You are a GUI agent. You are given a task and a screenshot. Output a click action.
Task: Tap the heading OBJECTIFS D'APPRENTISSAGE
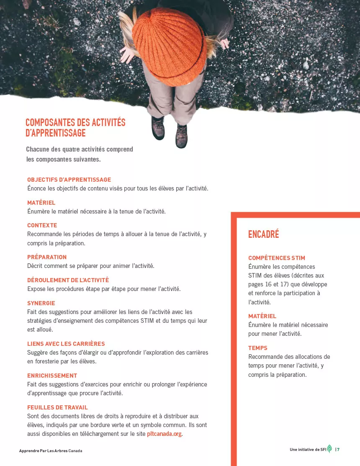(69, 180)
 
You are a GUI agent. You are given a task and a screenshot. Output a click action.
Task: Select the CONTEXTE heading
(42, 225)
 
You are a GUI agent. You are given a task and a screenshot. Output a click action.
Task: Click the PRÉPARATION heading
(47, 257)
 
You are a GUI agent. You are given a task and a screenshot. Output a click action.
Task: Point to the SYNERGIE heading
(41, 303)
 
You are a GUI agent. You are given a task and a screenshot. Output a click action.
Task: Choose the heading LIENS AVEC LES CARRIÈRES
(66, 344)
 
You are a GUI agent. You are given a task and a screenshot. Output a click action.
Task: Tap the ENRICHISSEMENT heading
(52, 376)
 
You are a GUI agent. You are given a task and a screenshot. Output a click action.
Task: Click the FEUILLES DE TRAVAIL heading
(57, 407)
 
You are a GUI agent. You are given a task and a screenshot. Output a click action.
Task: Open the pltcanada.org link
(164, 434)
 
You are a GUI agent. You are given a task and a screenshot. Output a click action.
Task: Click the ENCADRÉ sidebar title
(263, 234)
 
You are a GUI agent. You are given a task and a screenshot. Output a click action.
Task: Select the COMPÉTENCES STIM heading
(277, 258)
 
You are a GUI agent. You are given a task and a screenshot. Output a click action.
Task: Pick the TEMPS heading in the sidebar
(257, 348)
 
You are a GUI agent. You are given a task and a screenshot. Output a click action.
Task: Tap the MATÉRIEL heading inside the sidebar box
(262, 316)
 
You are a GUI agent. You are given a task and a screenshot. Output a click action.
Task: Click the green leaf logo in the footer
(329, 448)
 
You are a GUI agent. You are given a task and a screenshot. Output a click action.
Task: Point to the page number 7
(338, 450)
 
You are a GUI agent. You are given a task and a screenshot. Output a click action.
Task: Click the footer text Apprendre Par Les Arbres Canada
(51, 451)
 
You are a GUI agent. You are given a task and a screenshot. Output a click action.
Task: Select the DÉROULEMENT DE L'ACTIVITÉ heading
(68, 280)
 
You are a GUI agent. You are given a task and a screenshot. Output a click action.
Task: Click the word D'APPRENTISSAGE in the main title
(56, 133)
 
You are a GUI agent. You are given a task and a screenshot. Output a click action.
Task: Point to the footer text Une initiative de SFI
(308, 450)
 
